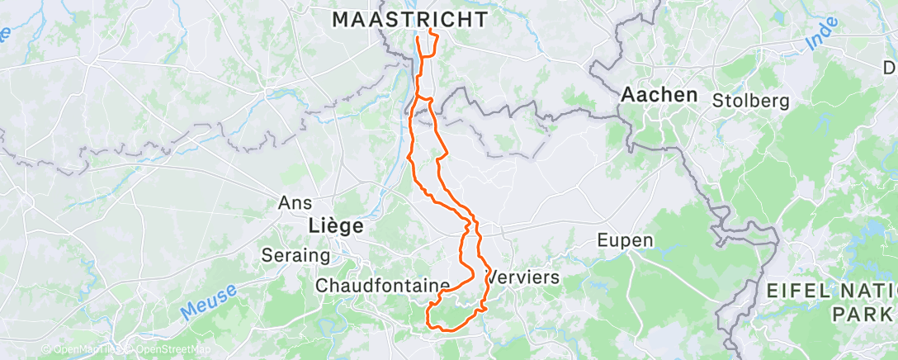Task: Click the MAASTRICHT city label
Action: tap(409, 20)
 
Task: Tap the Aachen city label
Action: tap(659, 94)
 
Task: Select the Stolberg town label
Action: tap(751, 101)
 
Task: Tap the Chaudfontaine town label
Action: tap(383, 285)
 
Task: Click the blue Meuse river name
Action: tap(207, 300)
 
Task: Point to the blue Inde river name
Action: tap(822, 39)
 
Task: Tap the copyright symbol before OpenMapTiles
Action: tap(45, 350)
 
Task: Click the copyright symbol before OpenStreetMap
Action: tap(130, 350)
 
